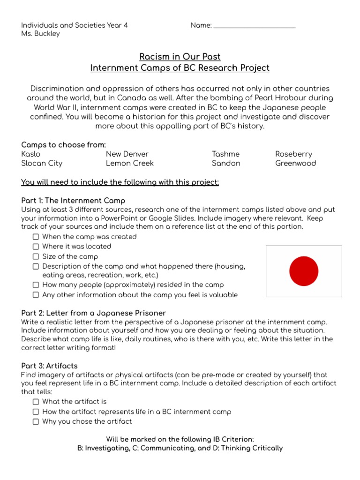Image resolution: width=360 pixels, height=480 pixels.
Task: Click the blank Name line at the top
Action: [x=254, y=26]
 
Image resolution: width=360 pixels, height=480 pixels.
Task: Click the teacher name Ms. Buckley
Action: [x=41, y=34]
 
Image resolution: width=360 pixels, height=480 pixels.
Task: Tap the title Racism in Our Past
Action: [x=180, y=57]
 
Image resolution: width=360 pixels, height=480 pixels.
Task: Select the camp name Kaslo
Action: [x=31, y=154]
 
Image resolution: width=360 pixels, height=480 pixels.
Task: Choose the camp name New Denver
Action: [x=127, y=154]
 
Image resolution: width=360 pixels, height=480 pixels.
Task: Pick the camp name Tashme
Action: [x=225, y=154]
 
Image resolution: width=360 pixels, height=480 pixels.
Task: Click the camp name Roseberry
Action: [x=293, y=154]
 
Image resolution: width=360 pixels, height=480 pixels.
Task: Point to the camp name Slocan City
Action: [x=42, y=164]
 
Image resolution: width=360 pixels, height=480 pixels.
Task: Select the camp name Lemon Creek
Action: [x=130, y=164]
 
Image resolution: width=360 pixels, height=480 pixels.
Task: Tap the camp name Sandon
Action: [x=226, y=164]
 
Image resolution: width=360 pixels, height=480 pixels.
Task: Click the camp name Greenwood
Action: [x=296, y=164]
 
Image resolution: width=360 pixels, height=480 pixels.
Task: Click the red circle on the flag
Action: [x=304, y=271]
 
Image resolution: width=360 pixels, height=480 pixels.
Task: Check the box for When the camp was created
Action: [x=36, y=237]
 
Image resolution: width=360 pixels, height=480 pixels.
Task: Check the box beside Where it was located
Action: [x=36, y=247]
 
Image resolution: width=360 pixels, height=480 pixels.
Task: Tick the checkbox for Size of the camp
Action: [x=36, y=257]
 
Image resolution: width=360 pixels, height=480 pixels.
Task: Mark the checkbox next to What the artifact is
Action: [x=36, y=402]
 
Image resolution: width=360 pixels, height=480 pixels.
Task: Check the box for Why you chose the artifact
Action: [x=36, y=421]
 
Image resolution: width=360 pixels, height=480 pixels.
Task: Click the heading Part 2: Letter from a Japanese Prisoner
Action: [x=94, y=313]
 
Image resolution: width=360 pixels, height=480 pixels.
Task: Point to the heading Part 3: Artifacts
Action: [x=50, y=366]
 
